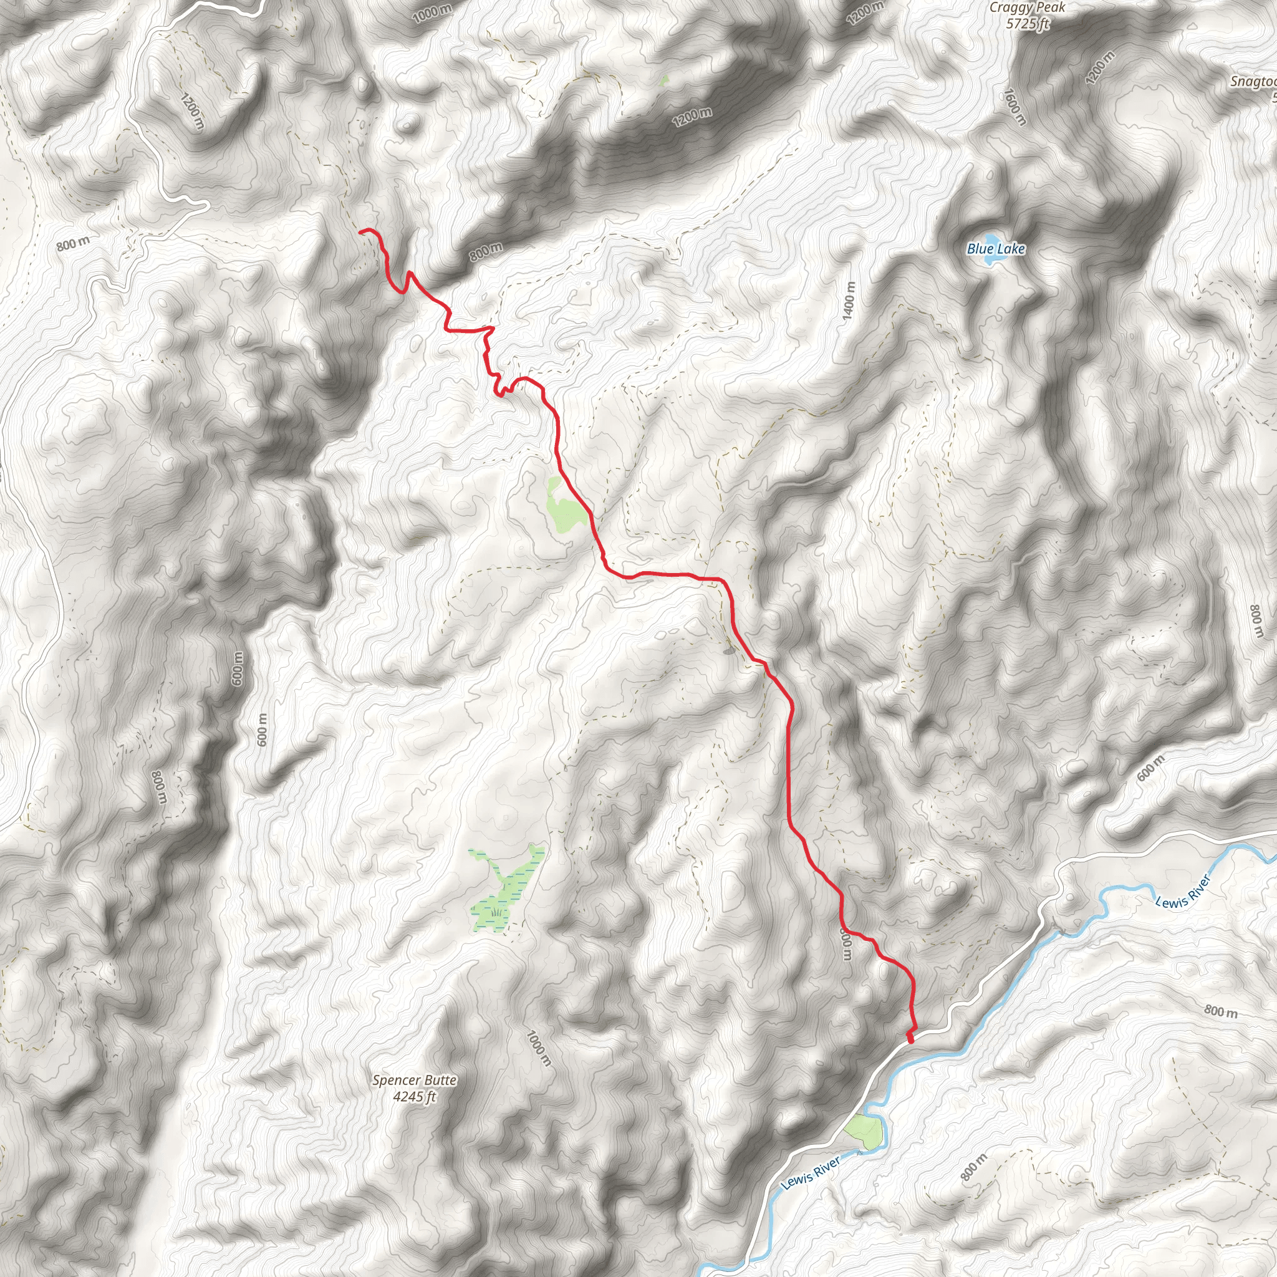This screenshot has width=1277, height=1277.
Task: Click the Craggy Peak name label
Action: pos(1027,8)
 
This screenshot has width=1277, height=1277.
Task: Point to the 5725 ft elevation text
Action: pos(1027,24)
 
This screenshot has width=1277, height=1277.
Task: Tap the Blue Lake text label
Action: pos(995,249)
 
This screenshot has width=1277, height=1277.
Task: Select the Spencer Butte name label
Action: pos(415,1080)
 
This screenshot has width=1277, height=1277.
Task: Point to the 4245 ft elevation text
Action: pos(415,1097)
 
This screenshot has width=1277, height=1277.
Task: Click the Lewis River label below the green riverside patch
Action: pos(811,1173)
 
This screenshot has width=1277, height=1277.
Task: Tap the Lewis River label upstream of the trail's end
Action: pos(1182,891)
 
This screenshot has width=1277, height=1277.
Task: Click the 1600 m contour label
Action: pos(1015,107)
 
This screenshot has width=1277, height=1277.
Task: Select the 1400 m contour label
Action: pos(849,302)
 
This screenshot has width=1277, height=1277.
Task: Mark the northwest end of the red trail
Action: pos(361,231)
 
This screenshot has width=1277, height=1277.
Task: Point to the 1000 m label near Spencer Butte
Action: pos(539,1048)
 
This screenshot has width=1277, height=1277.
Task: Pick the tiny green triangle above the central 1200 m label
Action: pos(663,80)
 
